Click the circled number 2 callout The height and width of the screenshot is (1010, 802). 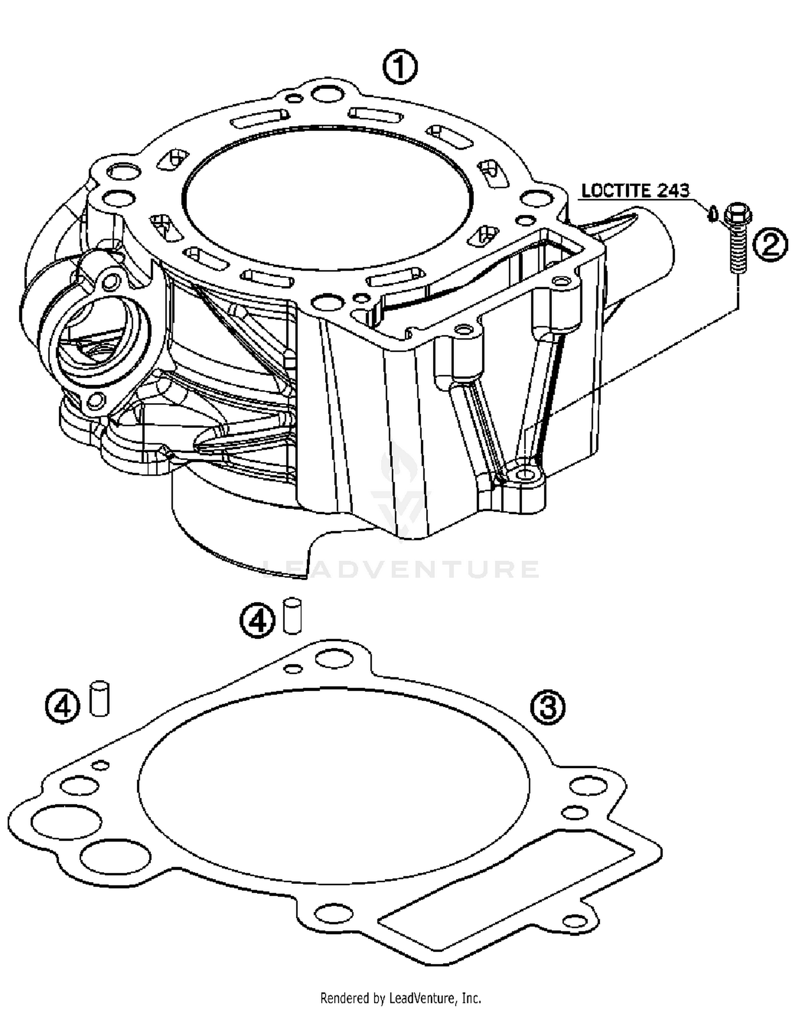[x=770, y=245]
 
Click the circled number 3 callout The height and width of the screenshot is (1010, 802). [x=547, y=707]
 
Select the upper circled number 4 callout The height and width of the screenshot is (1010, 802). [x=257, y=620]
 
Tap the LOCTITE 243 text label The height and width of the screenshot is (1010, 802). [x=635, y=190]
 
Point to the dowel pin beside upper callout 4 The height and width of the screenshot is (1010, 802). [x=292, y=616]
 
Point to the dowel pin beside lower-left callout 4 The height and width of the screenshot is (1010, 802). [x=100, y=698]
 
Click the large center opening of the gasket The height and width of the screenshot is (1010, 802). [x=334, y=786]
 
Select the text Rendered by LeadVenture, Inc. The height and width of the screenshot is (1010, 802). [x=400, y=998]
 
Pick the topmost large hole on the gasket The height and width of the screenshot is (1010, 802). [x=333, y=658]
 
